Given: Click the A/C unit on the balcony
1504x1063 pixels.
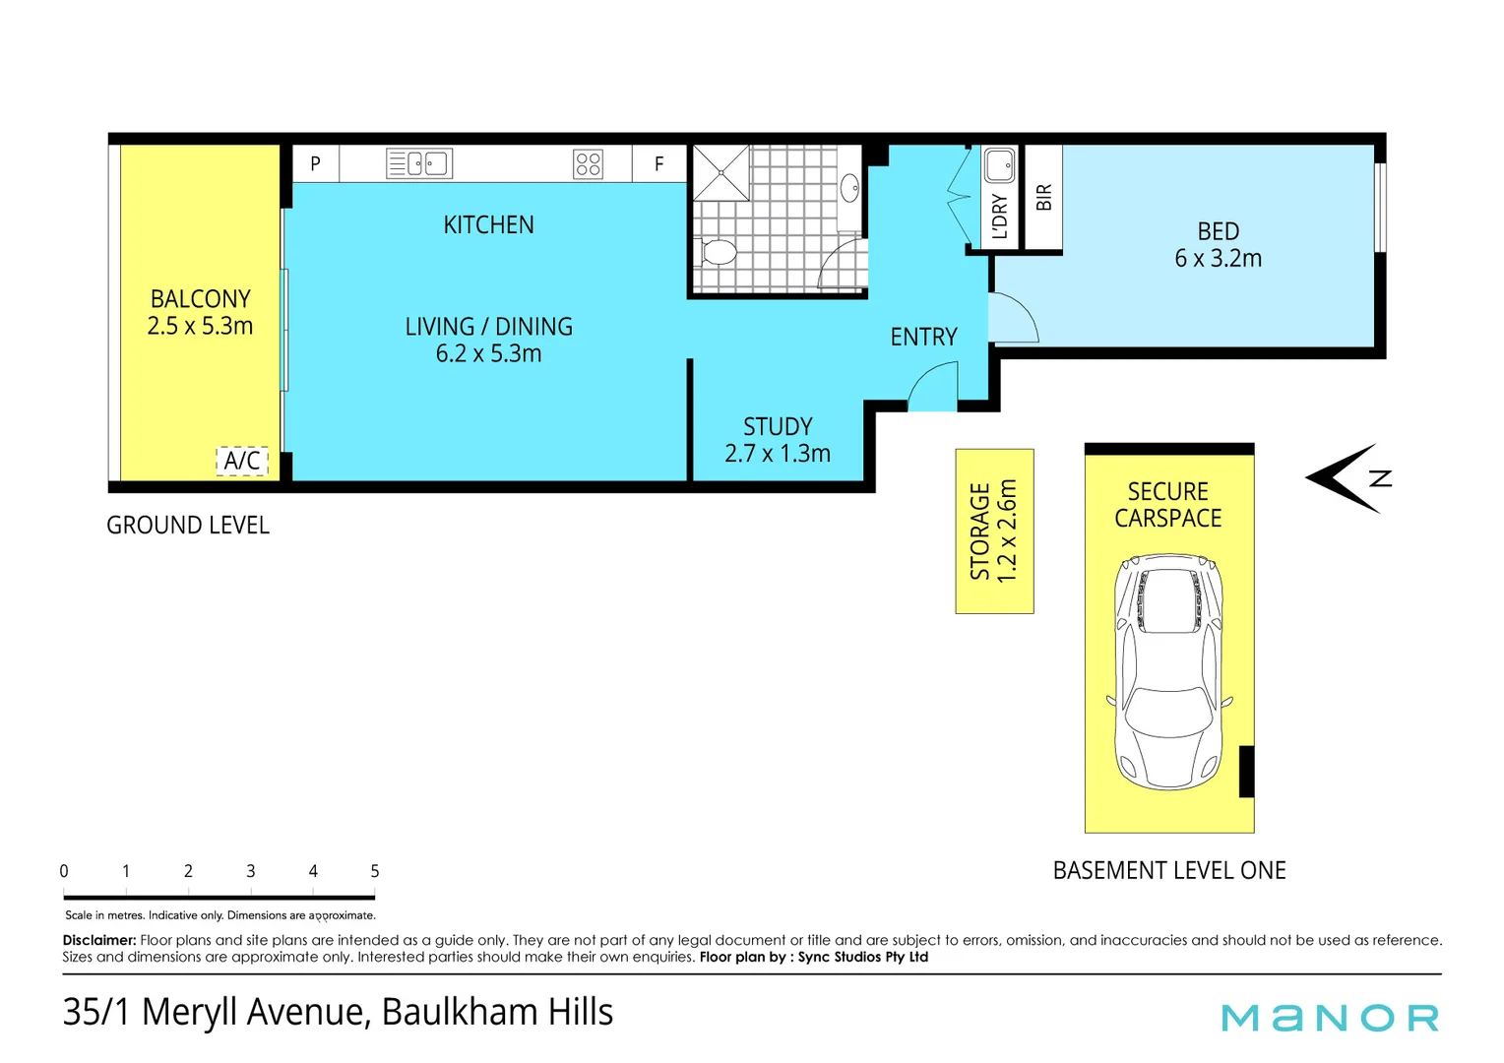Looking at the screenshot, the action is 242,461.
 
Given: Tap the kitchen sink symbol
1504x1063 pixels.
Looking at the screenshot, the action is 419,163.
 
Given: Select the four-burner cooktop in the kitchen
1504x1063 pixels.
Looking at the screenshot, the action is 589,163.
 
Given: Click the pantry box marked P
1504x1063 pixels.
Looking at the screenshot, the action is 316,163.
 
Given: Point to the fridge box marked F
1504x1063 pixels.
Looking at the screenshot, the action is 659,163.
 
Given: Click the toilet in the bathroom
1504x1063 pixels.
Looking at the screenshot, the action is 717,253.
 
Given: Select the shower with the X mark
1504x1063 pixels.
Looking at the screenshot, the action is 721,172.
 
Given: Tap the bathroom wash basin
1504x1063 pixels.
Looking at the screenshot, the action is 850,188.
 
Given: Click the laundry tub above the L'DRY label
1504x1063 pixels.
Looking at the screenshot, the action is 1000,165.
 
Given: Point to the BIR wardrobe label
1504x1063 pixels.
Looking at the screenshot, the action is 1044,198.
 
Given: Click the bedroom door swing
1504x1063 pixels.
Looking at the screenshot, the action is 1014,318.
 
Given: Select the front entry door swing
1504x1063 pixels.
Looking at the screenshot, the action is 933,386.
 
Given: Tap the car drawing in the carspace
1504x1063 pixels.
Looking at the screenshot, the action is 1169,671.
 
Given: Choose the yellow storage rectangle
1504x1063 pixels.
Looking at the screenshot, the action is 994,531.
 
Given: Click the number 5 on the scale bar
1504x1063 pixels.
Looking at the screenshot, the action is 375,871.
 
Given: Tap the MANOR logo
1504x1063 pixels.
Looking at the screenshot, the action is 1330,1018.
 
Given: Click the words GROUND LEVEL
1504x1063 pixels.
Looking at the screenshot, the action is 188,526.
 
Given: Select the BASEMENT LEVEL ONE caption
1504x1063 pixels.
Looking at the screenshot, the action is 1169,870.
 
